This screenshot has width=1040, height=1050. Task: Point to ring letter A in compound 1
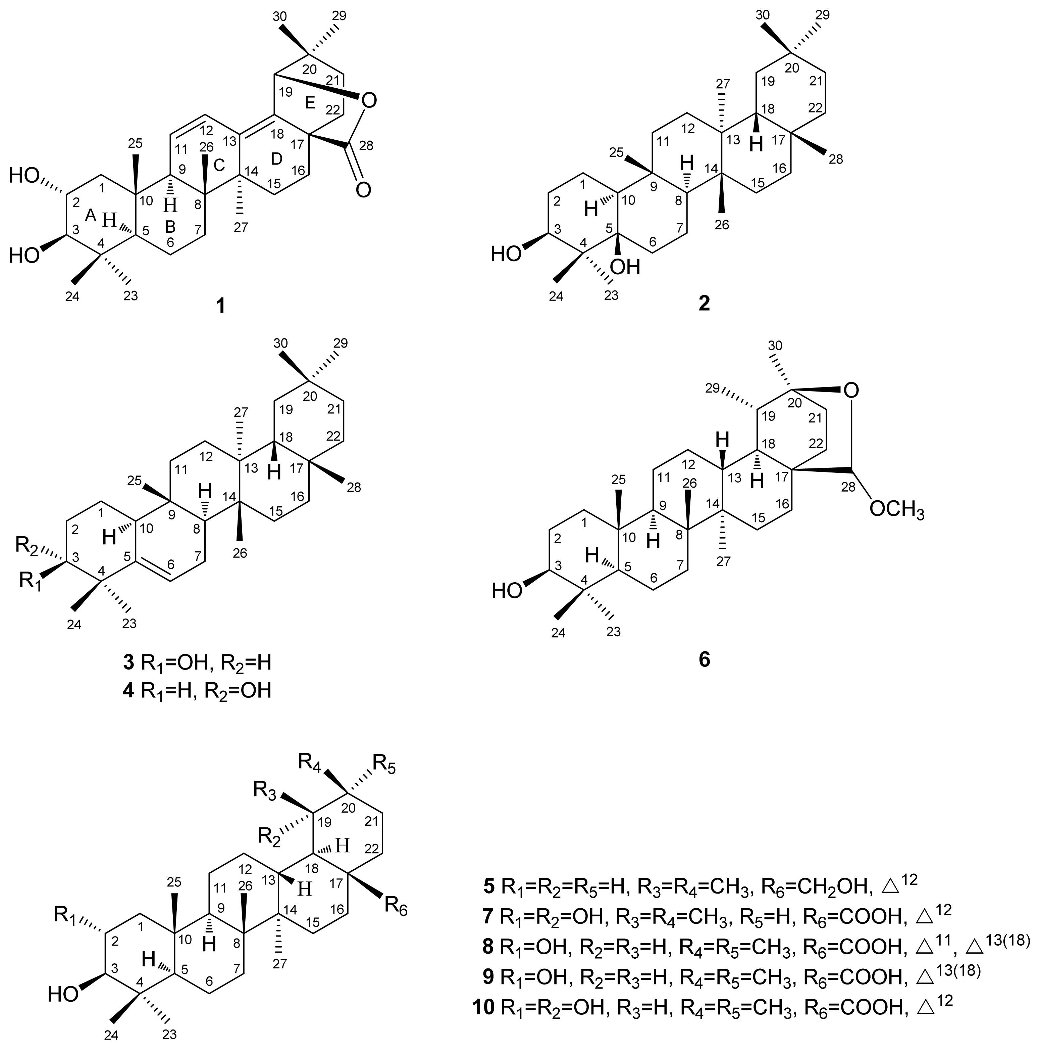click(x=91, y=216)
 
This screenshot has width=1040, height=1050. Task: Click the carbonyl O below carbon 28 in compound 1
click(x=364, y=190)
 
